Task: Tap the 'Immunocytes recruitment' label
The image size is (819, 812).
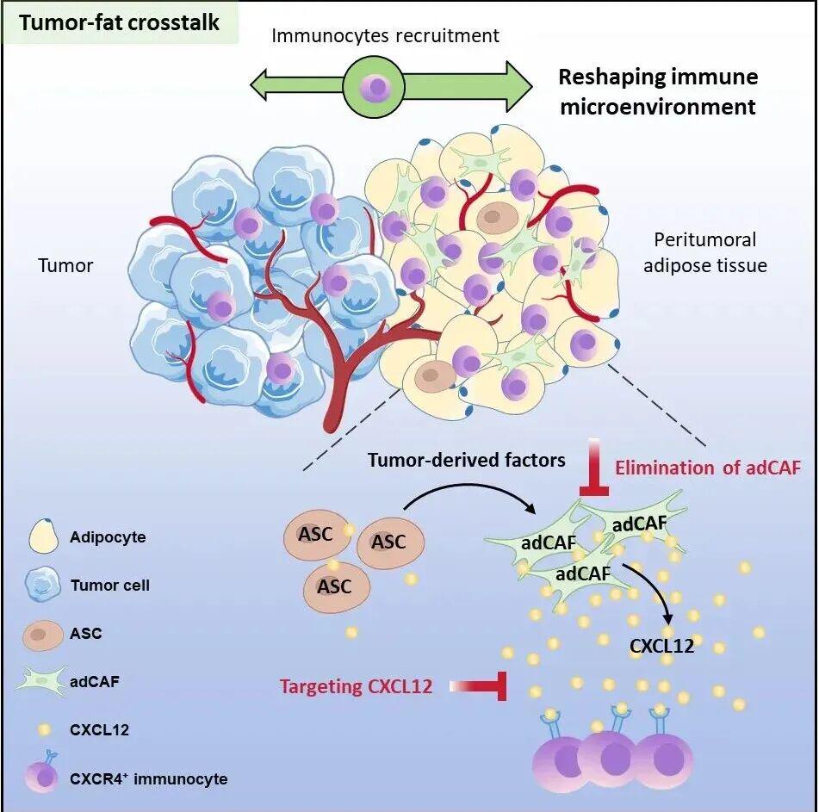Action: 385,35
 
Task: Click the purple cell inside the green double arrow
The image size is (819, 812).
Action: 375,88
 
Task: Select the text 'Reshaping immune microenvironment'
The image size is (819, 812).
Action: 658,91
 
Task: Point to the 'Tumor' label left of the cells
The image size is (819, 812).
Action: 65,265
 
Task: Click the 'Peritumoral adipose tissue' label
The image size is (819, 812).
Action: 710,252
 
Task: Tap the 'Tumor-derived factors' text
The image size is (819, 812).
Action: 466,460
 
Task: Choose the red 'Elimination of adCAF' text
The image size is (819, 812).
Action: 708,468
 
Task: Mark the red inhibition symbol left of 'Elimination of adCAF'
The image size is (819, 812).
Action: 594,469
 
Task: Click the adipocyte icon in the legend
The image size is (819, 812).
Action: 44,536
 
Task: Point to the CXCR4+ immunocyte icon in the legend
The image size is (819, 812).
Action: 43,774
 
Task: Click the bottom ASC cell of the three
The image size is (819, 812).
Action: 336,586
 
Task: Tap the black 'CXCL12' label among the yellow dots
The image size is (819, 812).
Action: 661,645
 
